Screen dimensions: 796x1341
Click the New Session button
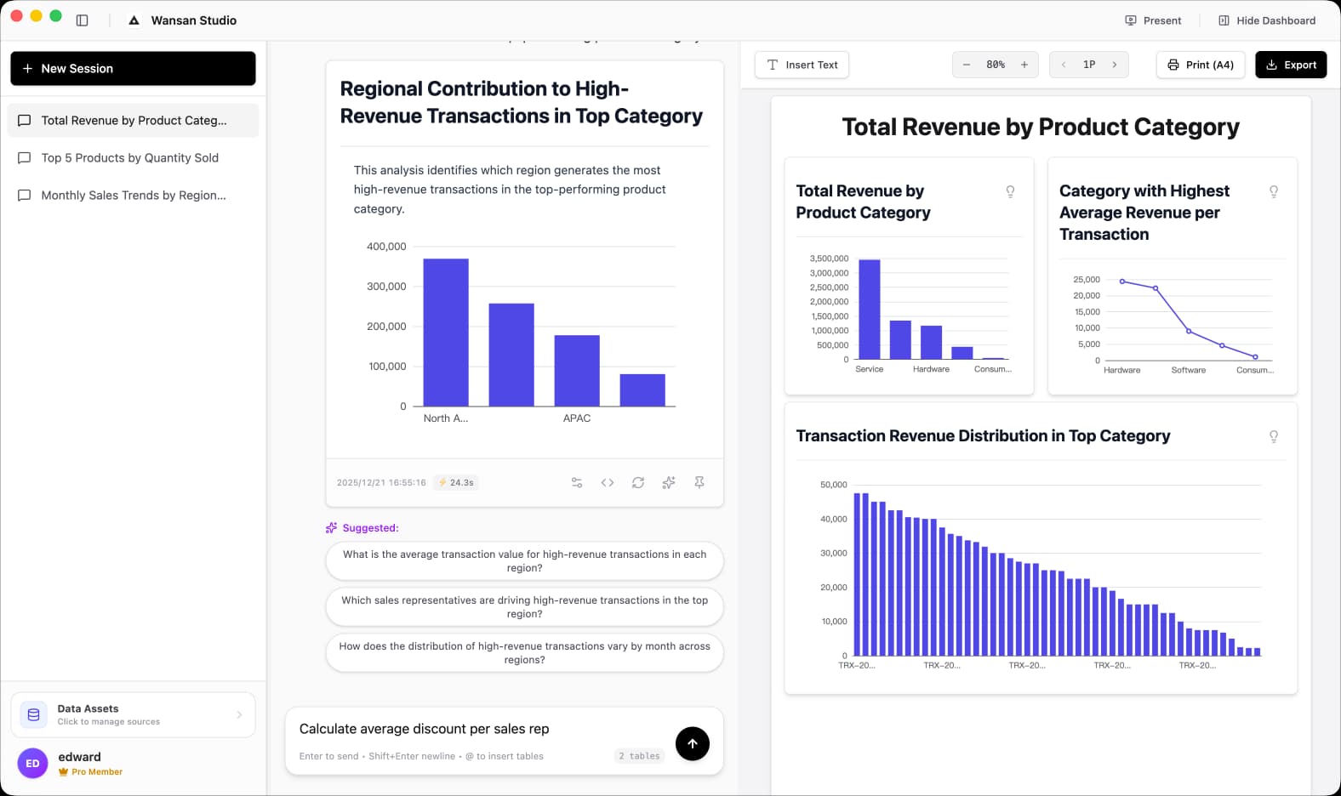tap(133, 68)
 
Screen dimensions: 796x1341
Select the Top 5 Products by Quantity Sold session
tap(130, 158)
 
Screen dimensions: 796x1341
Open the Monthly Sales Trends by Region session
tap(134, 196)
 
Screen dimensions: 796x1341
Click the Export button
tap(1290, 65)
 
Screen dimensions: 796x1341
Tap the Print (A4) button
tap(1200, 65)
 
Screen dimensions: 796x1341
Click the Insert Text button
tap(802, 65)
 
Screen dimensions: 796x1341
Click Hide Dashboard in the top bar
tap(1266, 20)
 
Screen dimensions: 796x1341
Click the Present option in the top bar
tap(1153, 20)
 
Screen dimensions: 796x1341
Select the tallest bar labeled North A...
tap(446, 332)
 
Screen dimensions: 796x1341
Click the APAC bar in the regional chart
tap(577, 370)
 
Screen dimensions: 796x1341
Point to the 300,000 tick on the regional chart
tap(386, 287)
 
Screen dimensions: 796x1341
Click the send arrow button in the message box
tap(692, 743)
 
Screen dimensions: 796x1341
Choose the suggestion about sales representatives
tap(524, 607)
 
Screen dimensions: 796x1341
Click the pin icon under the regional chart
tap(699, 482)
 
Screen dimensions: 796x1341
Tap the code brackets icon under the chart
tap(607, 482)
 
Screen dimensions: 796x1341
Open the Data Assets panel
tap(133, 714)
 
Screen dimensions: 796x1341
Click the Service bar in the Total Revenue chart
tap(869, 310)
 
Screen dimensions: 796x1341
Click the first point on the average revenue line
tap(1122, 281)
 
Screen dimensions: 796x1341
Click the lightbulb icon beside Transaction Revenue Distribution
tap(1273, 436)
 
